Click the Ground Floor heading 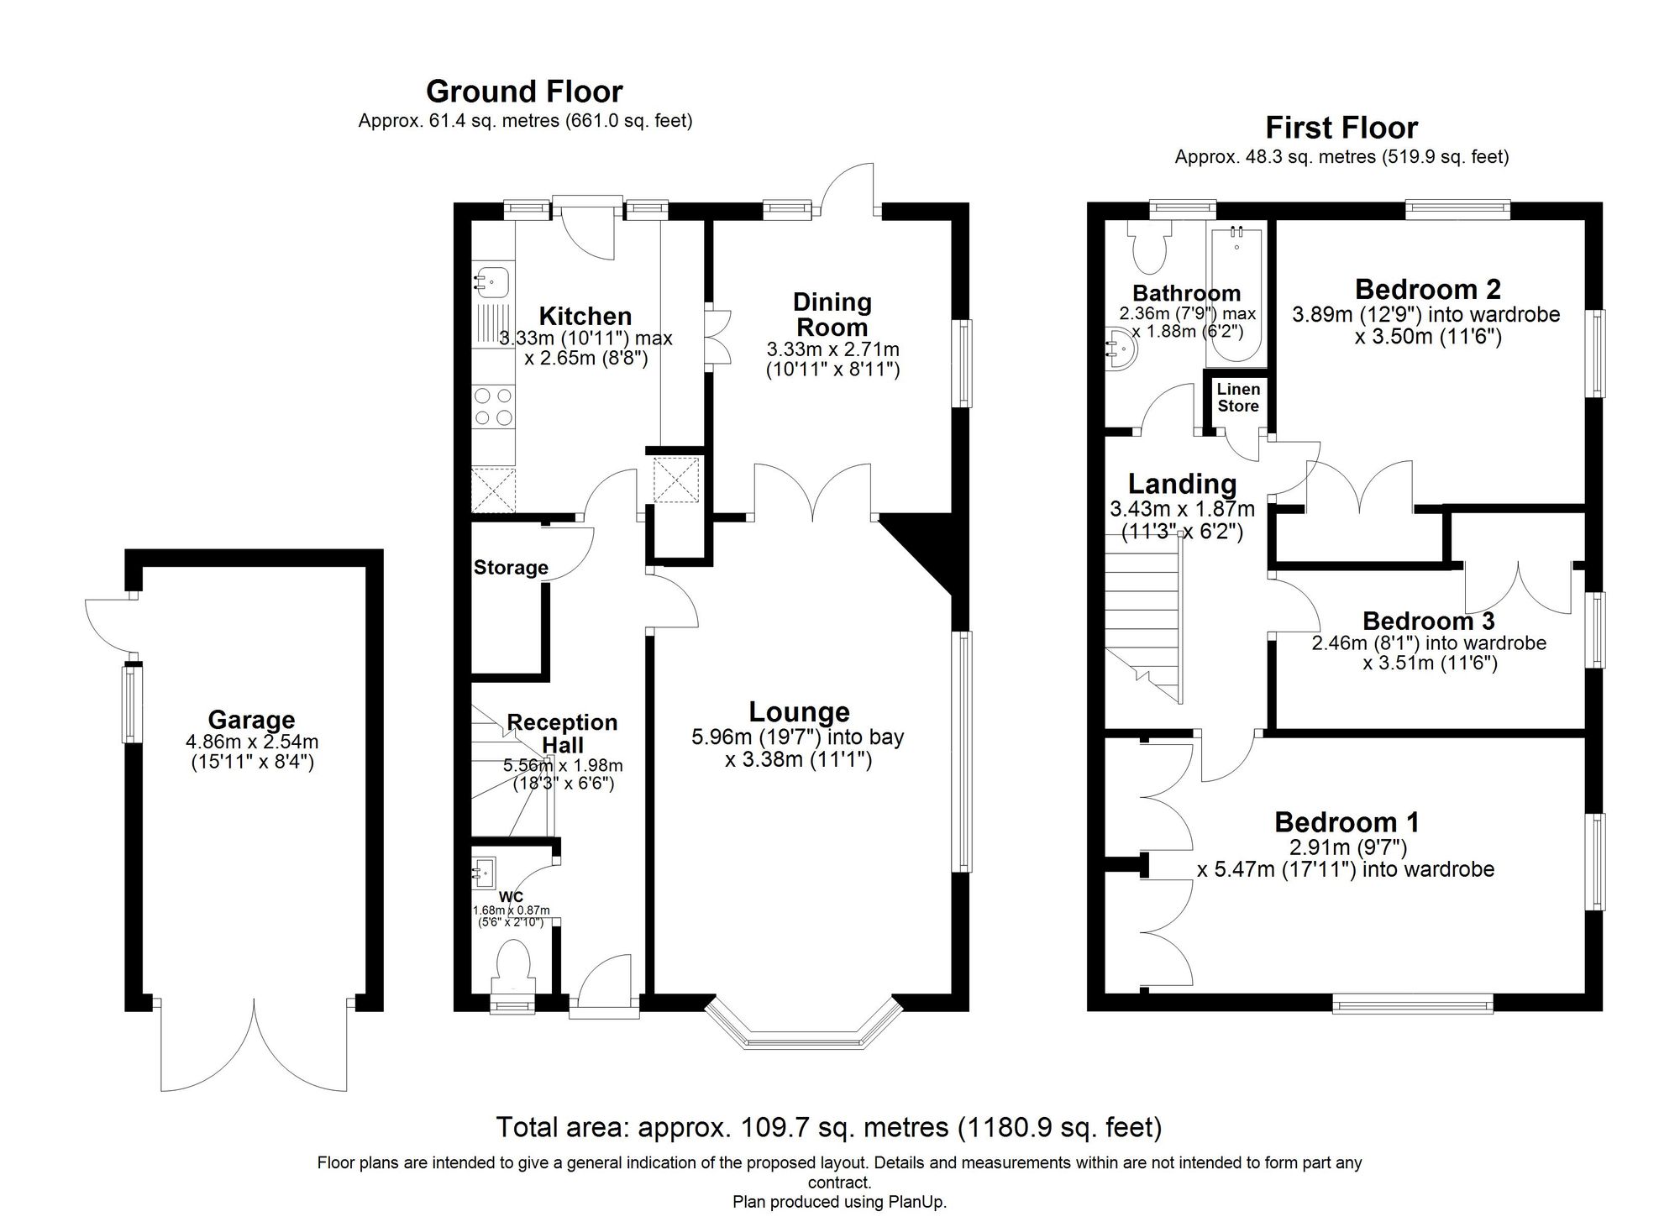click(524, 91)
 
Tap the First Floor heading click(1341, 128)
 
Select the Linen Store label click(1238, 397)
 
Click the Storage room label click(510, 568)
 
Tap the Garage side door click(109, 626)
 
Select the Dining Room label click(832, 314)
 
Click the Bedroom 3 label click(1428, 621)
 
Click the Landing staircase click(1142, 621)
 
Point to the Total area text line click(828, 1126)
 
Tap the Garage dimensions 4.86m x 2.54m click(251, 742)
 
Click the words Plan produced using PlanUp click(839, 1202)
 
